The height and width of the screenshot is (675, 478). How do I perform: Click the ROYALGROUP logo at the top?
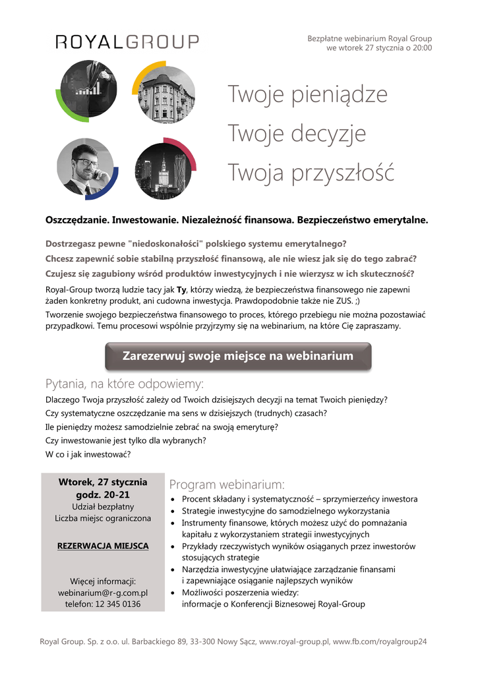[127, 42]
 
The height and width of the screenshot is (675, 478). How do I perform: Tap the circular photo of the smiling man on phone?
[85, 169]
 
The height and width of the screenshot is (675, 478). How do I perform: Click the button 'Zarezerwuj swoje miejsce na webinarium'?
[238, 356]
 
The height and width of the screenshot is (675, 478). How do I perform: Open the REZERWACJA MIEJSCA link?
[103, 546]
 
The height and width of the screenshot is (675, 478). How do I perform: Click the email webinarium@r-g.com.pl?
[103, 593]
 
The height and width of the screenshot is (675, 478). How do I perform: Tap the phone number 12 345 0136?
[118, 604]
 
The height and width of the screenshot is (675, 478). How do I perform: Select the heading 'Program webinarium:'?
[227, 484]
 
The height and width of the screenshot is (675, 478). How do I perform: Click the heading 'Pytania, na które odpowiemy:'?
[125, 384]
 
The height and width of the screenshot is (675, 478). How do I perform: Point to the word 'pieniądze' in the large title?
[345, 95]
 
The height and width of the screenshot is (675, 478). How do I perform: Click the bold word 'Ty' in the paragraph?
[181, 289]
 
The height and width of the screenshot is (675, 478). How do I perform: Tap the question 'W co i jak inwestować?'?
[88, 455]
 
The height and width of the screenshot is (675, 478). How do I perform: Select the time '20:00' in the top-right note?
[422, 48]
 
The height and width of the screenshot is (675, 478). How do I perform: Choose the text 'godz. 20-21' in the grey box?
[103, 494]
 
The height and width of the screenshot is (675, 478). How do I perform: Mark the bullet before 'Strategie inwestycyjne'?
[173, 512]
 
